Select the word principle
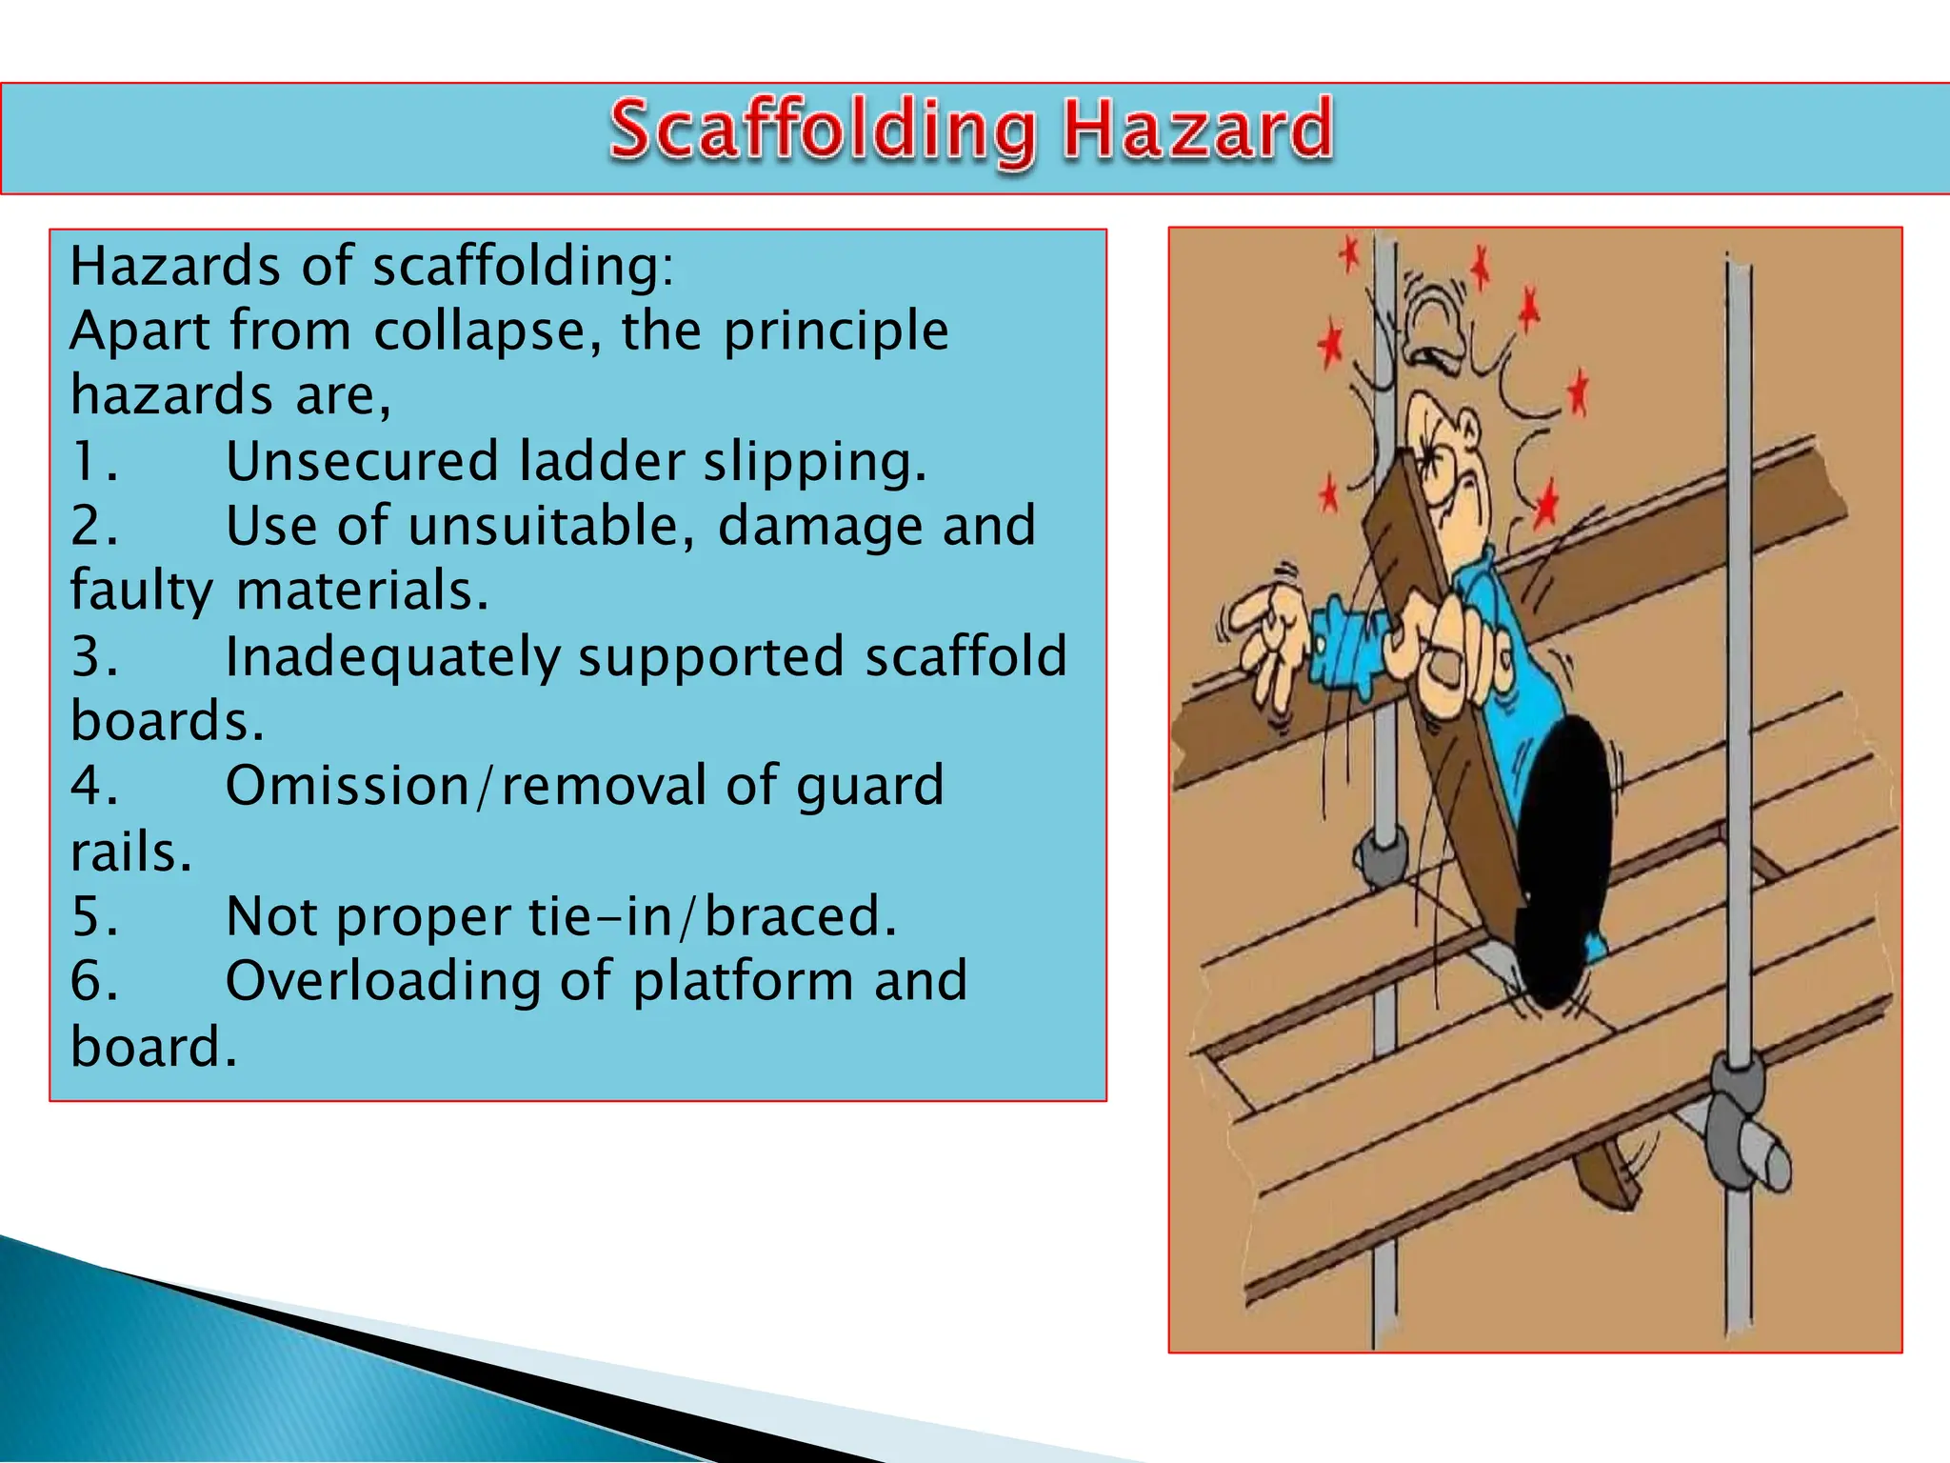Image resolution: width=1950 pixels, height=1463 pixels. coord(835,332)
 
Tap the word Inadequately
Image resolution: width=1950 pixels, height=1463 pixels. coord(392,658)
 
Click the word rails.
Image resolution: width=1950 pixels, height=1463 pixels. coord(130,852)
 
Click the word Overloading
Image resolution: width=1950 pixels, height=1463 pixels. coord(384,981)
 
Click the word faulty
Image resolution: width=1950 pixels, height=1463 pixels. coord(142,591)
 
